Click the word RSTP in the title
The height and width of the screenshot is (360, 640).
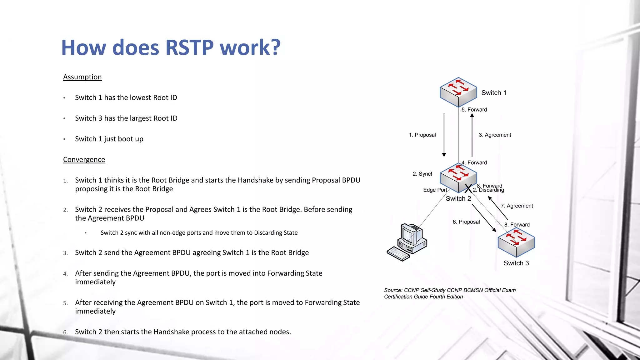click(x=189, y=47)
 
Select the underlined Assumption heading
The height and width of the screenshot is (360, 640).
click(x=82, y=77)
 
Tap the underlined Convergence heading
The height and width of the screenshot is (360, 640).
click(x=84, y=159)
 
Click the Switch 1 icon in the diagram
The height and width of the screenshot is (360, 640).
click(x=458, y=92)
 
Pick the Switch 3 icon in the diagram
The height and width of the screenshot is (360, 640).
click(x=516, y=243)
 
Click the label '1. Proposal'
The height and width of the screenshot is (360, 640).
click(x=422, y=135)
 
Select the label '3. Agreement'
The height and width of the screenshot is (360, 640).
click(x=495, y=135)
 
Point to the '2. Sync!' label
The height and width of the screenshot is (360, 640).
click(x=422, y=174)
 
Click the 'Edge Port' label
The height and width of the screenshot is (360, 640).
click(x=435, y=190)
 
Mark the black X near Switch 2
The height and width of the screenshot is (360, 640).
click(x=468, y=189)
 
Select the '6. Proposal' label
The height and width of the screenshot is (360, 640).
click(x=466, y=222)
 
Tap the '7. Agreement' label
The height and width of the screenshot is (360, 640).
click(x=517, y=206)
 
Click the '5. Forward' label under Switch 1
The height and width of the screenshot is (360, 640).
click(x=474, y=110)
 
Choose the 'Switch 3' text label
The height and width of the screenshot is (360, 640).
click(x=516, y=263)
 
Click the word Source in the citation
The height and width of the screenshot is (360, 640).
click(x=393, y=290)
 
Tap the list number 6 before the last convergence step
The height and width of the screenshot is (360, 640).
click(x=65, y=332)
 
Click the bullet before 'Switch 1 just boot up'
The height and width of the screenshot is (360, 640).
click(x=64, y=139)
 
